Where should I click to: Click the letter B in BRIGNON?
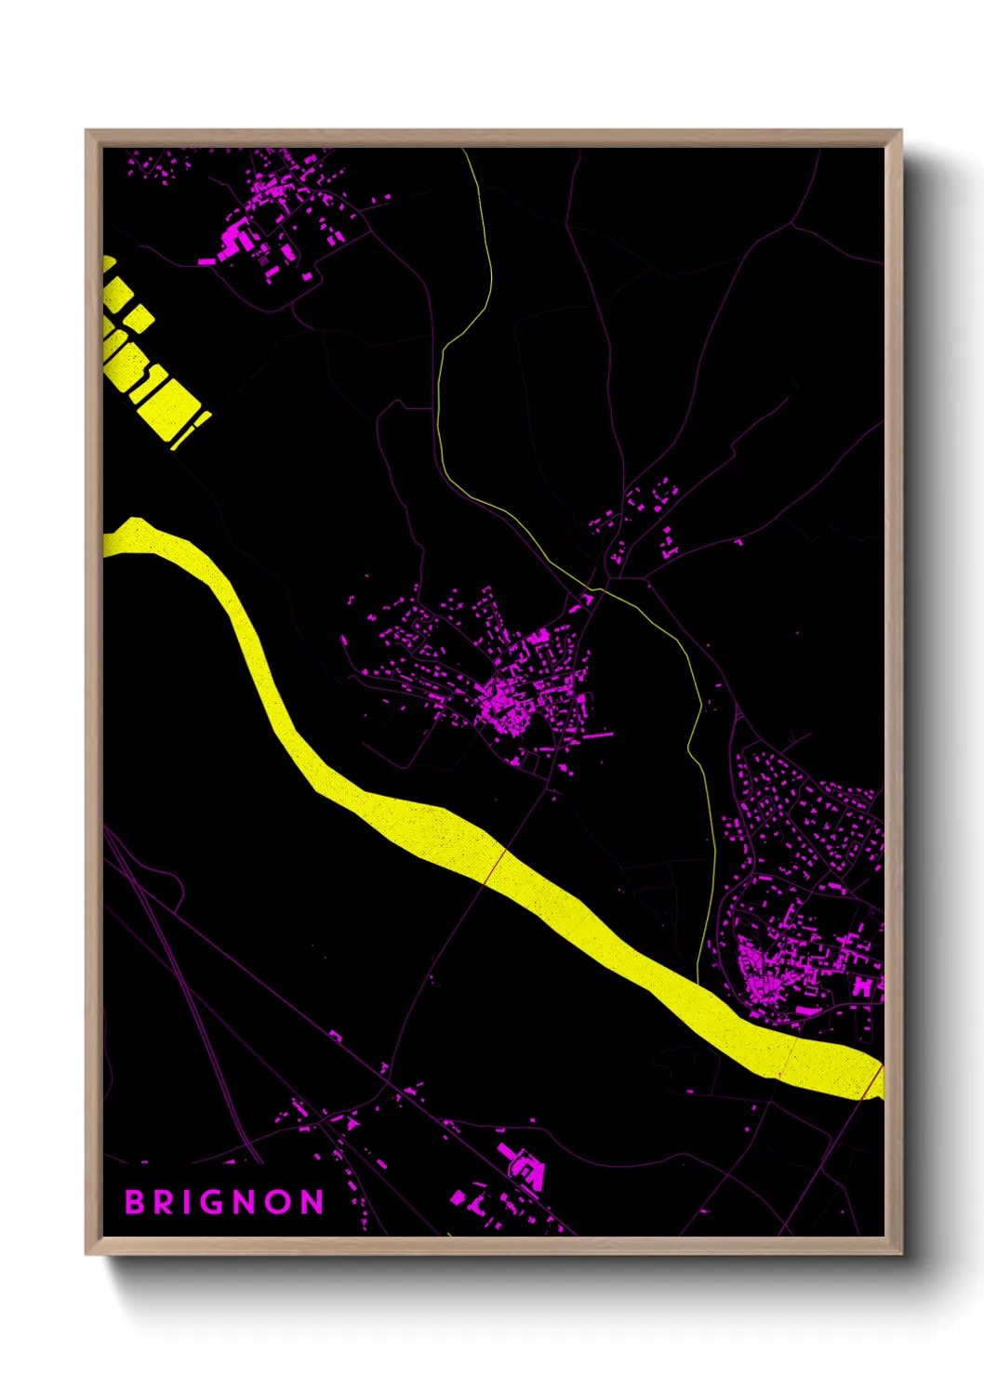click(136, 1202)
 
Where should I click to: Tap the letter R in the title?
click(165, 1202)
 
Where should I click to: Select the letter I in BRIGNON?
click(189, 1202)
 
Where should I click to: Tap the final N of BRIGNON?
click(313, 1202)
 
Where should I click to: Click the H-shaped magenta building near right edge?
click(863, 986)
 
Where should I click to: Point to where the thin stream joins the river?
click(698, 982)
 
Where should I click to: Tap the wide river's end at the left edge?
click(108, 539)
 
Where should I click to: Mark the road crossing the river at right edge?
click(873, 1082)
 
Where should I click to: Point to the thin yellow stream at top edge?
click(468, 158)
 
